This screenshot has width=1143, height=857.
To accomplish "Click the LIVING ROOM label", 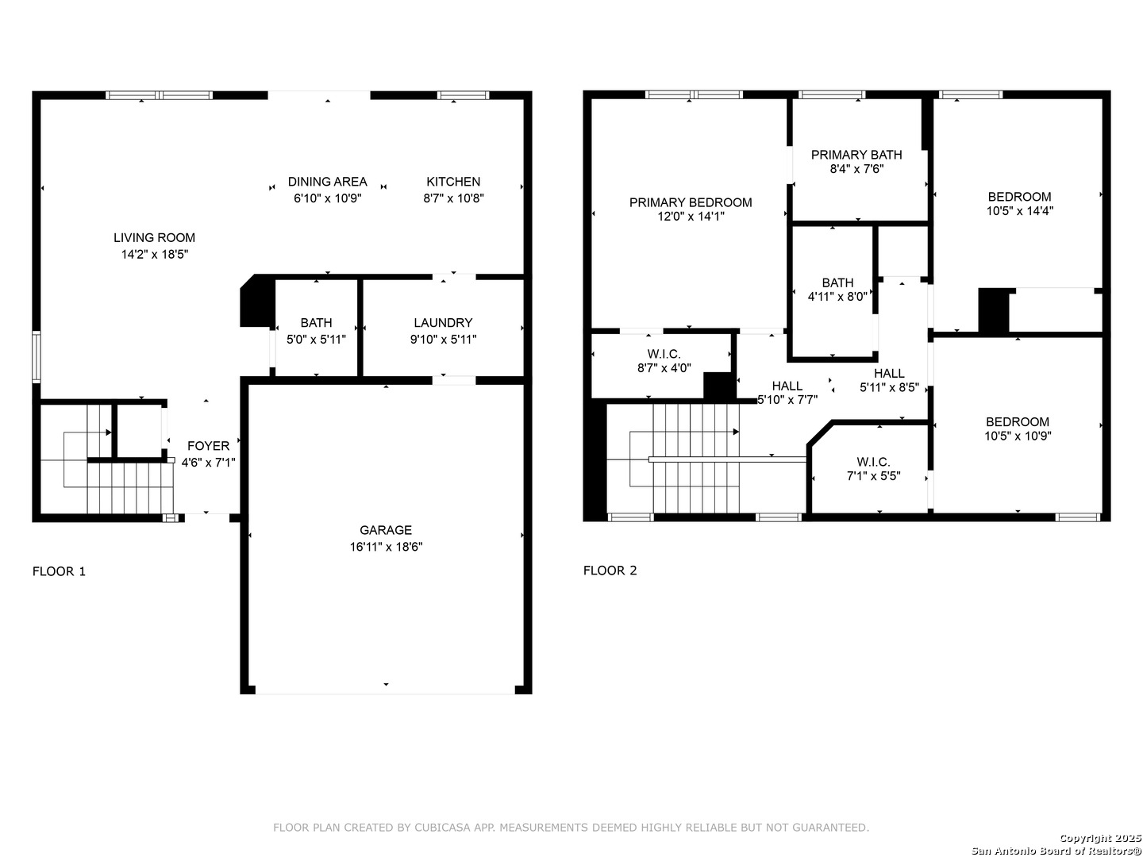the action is click(154, 238).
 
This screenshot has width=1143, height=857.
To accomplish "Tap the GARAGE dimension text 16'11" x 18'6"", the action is click(386, 547).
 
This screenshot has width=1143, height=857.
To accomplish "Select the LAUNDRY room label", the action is click(443, 323).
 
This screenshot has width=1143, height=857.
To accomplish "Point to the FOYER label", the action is click(208, 446).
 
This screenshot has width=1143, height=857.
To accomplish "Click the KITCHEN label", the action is click(453, 182).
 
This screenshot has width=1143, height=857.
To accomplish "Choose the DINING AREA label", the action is click(328, 182).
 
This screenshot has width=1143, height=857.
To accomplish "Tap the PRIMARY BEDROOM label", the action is click(691, 202).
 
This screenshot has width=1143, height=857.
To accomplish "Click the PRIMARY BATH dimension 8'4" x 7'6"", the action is click(856, 168).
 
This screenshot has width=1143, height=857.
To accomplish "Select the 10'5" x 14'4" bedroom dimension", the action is click(1020, 211).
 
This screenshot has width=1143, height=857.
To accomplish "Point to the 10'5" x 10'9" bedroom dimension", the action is click(1018, 436).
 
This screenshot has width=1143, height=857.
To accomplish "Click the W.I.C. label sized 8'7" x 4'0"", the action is click(664, 355).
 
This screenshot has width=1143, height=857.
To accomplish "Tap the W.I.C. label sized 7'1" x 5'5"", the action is click(873, 462).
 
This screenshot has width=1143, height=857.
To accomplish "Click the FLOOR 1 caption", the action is click(59, 571).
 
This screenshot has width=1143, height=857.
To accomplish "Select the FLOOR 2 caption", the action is click(610, 571).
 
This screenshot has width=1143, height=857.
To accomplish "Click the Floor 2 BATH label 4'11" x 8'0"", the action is click(837, 282).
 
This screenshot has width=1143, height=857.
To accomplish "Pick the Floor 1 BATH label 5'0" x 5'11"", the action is click(316, 323).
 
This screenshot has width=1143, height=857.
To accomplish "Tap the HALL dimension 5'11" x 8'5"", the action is click(890, 387).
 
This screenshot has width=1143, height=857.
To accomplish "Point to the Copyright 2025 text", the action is click(1100, 838).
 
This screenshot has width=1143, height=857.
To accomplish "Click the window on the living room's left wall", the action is click(36, 357).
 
